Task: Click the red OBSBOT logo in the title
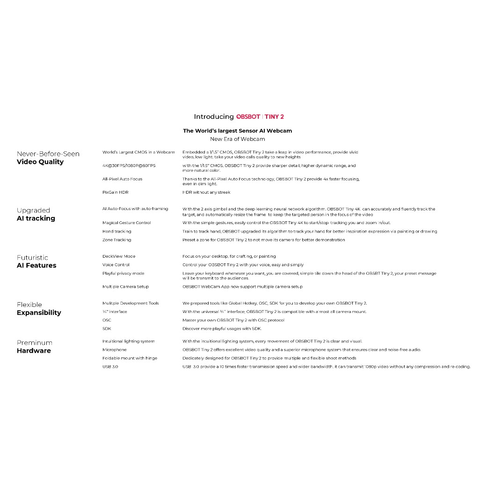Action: (x=248, y=116)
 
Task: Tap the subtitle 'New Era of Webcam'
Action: (x=237, y=139)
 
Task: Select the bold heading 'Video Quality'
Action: (x=40, y=162)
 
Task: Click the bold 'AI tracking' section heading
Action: (x=36, y=218)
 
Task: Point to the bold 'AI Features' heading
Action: (x=36, y=265)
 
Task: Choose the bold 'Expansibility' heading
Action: (x=39, y=312)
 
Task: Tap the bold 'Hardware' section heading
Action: (x=34, y=351)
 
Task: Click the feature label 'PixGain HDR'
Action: (x=115, y=192)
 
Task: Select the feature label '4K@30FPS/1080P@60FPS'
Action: (x=129, y=166)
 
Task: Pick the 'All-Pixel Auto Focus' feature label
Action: (x=122, y=179)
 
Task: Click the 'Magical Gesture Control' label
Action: (x=126, y=223)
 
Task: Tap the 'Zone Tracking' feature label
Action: (x=116, y=240)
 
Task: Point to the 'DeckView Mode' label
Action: (x=119, y=256)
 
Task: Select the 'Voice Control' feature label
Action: (x=116, y=265)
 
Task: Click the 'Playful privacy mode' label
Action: (x=123, y=273)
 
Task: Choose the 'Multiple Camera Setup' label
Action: (x=125, y=286)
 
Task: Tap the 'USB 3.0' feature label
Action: (x=110, y=367)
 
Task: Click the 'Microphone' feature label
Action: (x=114, y=350)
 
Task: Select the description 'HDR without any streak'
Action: (x=206, y=192)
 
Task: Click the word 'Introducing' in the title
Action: (x=213, y=116)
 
